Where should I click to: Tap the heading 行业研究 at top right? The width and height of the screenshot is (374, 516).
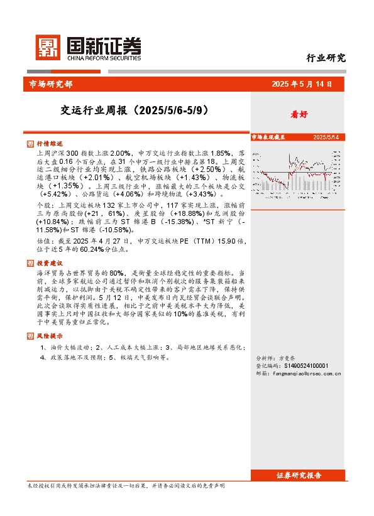[326, 58]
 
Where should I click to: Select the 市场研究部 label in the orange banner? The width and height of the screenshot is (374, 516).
[51, 83]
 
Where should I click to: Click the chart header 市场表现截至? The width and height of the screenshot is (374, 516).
[268, 136]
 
